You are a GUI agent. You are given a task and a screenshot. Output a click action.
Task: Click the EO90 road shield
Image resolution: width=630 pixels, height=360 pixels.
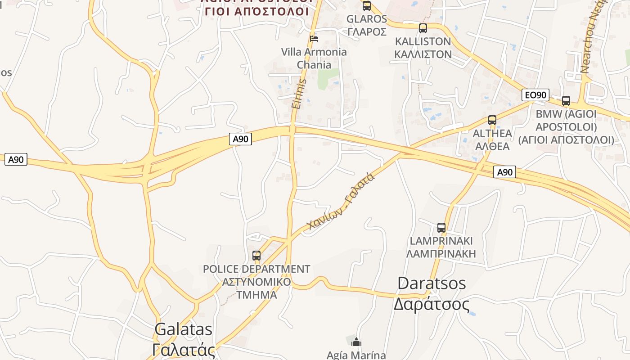(535, 95)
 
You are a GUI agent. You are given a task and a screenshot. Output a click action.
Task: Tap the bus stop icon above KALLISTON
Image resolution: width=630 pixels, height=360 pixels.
(423, 28)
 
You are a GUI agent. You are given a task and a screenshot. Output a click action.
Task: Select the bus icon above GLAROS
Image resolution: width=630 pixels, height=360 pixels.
(367, 6)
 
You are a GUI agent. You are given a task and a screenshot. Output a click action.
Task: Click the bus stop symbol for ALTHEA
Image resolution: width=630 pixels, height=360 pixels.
(492, 120)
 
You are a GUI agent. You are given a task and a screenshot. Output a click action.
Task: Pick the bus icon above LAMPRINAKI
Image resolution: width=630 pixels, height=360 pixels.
(441, 228)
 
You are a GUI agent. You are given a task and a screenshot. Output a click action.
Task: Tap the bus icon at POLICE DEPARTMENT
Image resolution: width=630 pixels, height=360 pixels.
(256, 256)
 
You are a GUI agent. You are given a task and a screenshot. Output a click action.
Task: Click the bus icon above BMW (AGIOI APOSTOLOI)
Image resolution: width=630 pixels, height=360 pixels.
(566, 101)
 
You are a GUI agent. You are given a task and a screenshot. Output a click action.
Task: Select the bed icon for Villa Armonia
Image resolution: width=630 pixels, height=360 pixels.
(314, 38)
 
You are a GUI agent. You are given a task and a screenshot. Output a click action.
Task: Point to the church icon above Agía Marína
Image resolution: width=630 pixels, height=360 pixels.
(356, 342)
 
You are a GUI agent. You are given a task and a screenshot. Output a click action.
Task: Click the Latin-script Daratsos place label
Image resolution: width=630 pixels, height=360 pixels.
(432, 283)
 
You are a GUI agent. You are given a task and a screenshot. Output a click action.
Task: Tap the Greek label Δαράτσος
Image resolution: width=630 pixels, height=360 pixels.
(432, 304)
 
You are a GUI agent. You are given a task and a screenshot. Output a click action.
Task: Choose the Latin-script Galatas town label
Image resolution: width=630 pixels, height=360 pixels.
(183, 329)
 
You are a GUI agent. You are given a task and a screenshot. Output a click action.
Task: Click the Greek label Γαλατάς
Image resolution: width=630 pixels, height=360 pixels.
(184, 350)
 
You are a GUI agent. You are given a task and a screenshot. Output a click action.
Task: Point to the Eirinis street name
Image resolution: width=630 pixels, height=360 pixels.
(299, 94)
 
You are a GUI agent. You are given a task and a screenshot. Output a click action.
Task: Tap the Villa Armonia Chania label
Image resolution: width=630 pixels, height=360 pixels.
(314, 58)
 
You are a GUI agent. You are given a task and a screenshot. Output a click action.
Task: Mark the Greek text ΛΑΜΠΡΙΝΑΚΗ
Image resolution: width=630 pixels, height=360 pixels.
(441, 254)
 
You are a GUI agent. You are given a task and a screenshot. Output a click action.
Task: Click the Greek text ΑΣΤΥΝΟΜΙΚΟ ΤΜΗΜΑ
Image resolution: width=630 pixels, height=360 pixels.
(256, 288)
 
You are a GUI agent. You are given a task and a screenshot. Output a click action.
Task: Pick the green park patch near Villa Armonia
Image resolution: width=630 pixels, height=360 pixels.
(328, 78)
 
